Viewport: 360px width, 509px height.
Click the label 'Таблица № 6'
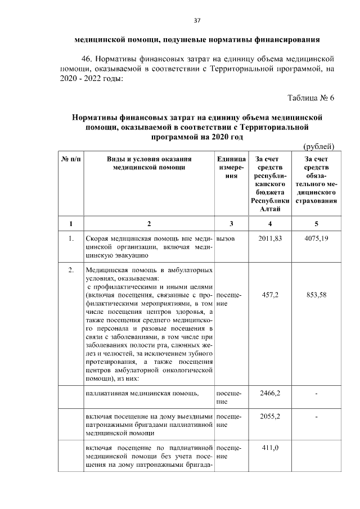point(310,98)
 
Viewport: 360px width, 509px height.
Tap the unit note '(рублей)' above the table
point(319,147)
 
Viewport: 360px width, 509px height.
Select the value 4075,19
point(316,239)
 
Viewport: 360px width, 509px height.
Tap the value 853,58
point(316,295)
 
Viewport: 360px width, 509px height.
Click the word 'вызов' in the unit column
point(225,239)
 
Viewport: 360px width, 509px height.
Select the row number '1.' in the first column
point(71,239)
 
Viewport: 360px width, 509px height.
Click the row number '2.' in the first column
point(71,271)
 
